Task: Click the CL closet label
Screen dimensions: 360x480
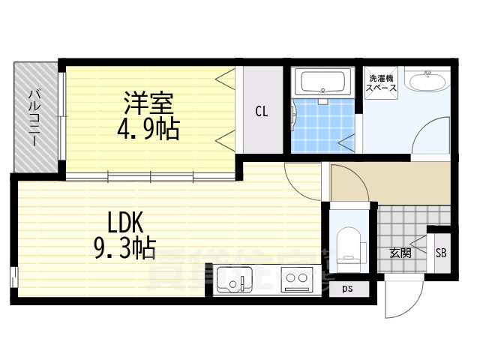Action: point(261,112)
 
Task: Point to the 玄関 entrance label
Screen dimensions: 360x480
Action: point(400,253)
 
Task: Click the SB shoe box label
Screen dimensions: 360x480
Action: point(440,253)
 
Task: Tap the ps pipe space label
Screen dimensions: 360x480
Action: point(347,287)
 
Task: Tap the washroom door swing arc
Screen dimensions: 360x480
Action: point(427,135)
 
